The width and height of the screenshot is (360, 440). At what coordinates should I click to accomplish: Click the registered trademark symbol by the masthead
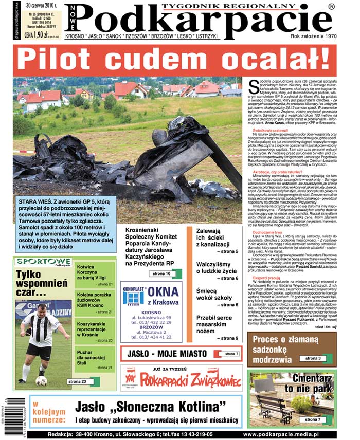332,7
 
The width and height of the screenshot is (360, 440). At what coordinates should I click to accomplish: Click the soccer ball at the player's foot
41,380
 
